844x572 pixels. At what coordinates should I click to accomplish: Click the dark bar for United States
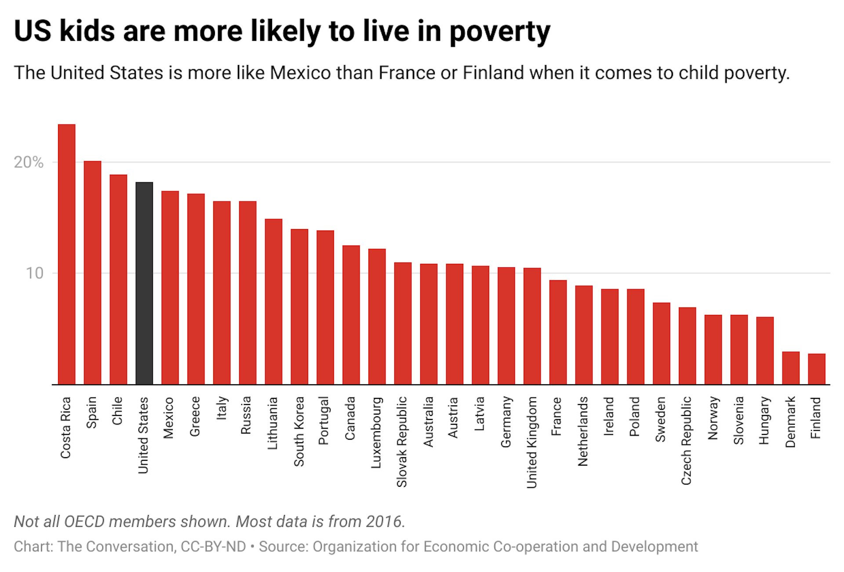click(144, 284)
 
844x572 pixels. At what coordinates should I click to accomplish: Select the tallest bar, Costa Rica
click(66, 255)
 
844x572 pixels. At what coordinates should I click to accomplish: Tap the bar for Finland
click(816, 369)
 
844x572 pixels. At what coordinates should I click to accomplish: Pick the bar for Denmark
click(790, 368)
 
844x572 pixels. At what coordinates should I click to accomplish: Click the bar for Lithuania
click(273, 302)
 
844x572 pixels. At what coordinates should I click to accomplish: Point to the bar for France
click(558, 332)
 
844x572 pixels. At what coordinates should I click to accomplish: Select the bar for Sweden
click(661, 343)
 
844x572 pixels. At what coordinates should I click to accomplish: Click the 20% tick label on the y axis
click(29, 162)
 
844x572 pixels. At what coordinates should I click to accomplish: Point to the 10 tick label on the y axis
click(34, 273)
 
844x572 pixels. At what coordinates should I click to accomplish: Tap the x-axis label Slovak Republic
click(402, 442)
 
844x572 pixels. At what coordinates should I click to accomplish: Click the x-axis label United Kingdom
click(532, 442)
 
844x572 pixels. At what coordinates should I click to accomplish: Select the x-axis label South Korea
click(299, 431)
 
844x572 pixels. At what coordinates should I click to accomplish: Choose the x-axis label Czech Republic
click(686, 441)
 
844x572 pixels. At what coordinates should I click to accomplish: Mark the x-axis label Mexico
click(168, 418)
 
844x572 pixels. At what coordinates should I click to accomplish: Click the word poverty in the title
click(499, 32)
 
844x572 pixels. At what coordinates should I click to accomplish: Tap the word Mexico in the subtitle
click(300, 73)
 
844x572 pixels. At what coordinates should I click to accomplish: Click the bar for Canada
click(351, 315)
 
